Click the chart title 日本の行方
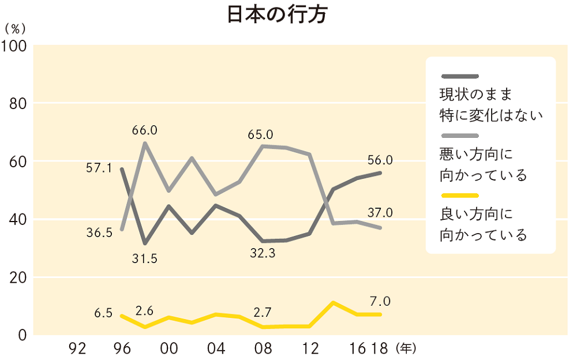point(277,16)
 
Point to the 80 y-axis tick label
point(20,104)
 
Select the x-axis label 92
point(77,348)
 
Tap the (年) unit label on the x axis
point(406,348)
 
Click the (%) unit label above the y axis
point(15,28)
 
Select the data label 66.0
point(144,130)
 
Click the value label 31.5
point(144,258)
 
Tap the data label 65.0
point(260,135)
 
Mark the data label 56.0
point(380,160)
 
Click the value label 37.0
point(380,213)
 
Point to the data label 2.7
point(265,313)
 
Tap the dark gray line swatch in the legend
point(459,76)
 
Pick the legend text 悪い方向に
point(476,154)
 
